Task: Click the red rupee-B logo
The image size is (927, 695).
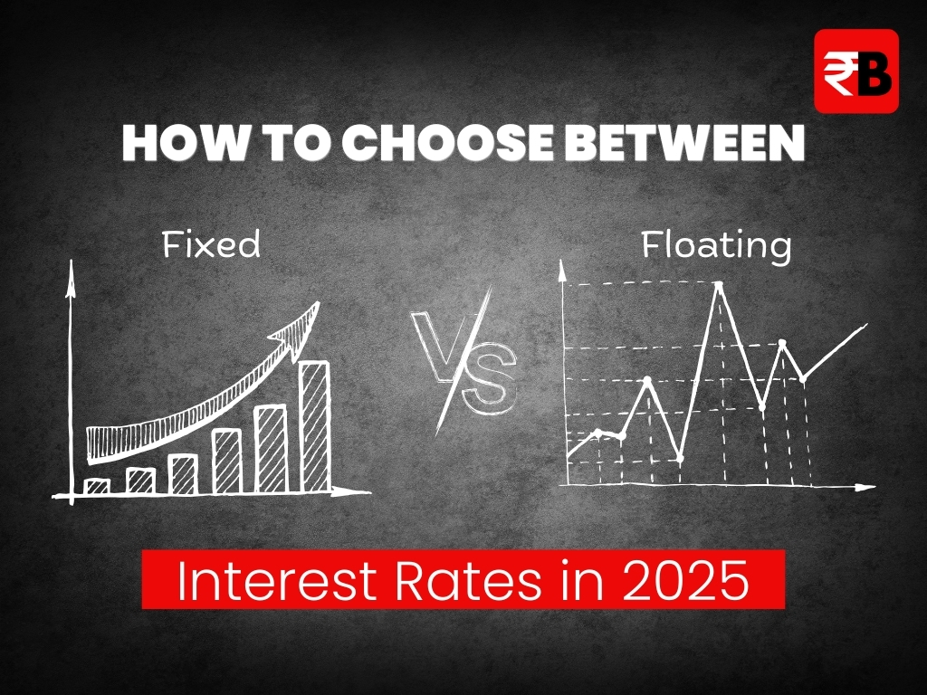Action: click(x=856, y=71)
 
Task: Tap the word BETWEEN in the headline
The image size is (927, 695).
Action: click(x=685, y=143)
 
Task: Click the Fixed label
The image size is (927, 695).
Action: click(x=211, y=244)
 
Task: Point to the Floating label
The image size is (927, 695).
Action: click(x=717, y=245)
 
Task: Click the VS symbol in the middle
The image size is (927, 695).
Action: click(x=465, y=362)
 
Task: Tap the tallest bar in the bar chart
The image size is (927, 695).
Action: click(x=314, y=427)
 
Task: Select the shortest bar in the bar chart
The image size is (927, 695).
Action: click(x=98, y=486)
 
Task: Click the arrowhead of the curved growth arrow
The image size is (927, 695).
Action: click(x=299, y=328)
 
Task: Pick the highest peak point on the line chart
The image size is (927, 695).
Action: click(x=719, y=286)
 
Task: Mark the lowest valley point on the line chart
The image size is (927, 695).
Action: click(x=680, y=459)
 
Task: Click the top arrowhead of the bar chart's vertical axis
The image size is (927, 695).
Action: click(x=71, y=275)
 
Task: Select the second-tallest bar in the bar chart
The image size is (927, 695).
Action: click(x=271, y=449)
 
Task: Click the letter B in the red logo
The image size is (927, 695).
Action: click(x=874, y=73)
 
